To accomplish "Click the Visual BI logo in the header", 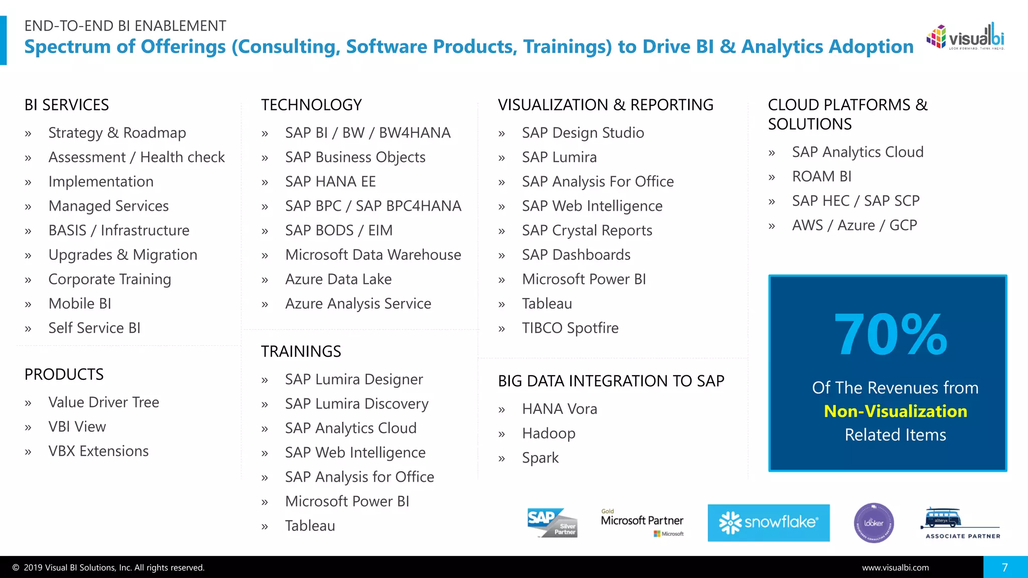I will tap(965, 37).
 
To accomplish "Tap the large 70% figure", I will tap(890, 335).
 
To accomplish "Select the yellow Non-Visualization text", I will tap(895, 411).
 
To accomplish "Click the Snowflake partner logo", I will tap(768, 523).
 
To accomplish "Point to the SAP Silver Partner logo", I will tap(552, 523).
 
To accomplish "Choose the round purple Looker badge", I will tap(873, 523).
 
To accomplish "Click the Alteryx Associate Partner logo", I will tap(961, 523).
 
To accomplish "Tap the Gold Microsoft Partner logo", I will tap(642, 522).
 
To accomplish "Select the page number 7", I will tap(1005, 567).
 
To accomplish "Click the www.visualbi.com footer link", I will tap(895, 567).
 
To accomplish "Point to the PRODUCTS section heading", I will tap(64, 374).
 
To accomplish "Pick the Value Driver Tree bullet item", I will tap(103, 402).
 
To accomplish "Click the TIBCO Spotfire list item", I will tap(570, 328).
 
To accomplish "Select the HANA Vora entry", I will tap(559, 409).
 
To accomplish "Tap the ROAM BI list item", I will tap(821, 177).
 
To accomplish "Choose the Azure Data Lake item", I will tap(338, 279).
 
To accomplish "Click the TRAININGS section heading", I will tap(301, 351).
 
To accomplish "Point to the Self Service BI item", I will tap(94, 328).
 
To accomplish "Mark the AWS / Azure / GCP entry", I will tap(854, 225).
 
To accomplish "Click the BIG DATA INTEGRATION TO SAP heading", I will tap(611, 381).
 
